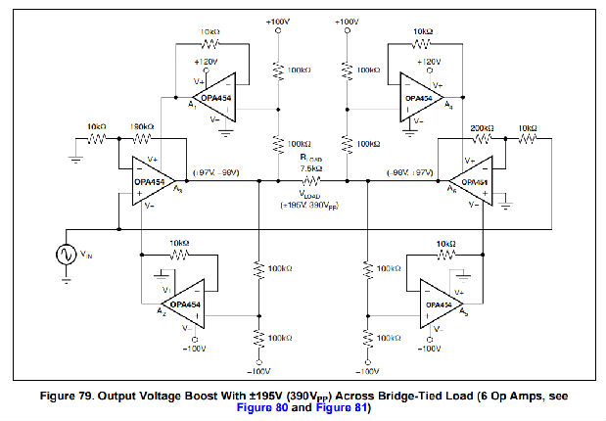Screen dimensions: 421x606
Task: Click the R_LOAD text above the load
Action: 311,159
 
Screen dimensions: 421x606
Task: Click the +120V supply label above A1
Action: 209,61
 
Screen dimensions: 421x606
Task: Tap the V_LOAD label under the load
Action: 310,193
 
